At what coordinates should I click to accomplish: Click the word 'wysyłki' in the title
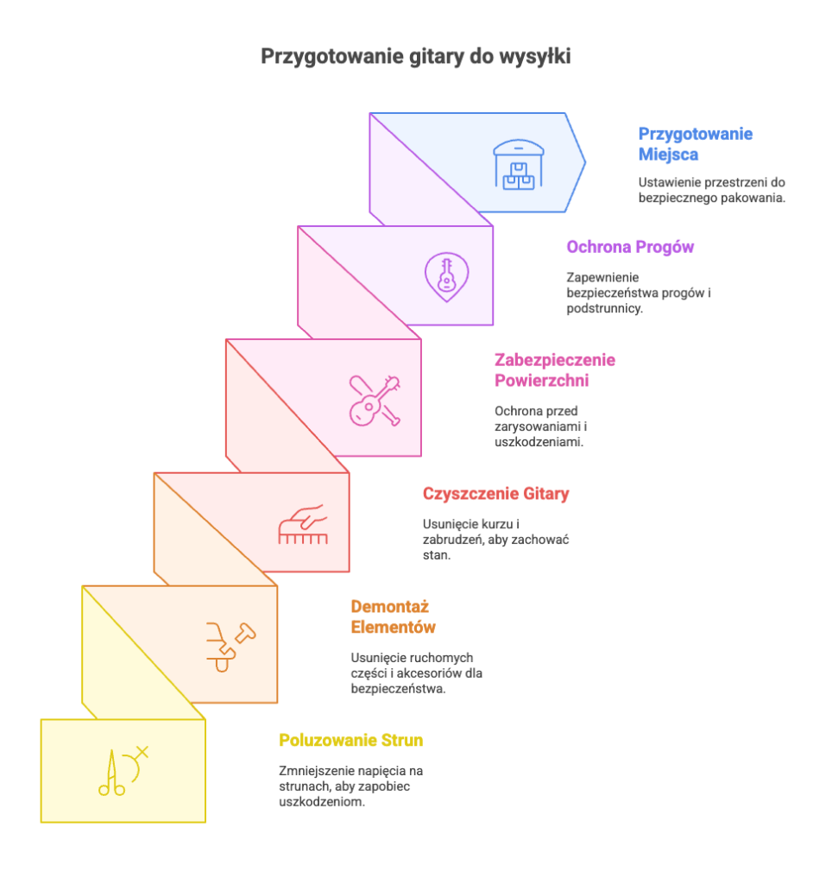coord(535,57)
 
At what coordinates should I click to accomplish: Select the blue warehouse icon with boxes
coord(519,165)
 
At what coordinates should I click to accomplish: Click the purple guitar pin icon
coord(446,277)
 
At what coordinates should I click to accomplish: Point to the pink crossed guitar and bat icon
coord(375,401)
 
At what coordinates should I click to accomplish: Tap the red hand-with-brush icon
coord(303,524)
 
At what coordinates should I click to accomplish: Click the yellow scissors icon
coord(123,771)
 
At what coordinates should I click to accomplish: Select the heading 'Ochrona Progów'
coord(630,247)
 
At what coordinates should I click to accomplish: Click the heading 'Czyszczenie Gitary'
coord(496,494)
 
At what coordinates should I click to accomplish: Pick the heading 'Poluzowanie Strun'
coord(351,740)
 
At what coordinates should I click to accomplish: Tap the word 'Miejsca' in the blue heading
coord(669,155)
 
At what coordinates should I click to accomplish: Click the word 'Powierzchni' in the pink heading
coord(542,381)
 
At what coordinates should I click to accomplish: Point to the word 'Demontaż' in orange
coord(390,607)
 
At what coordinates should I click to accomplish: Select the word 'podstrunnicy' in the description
coord(603,309)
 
